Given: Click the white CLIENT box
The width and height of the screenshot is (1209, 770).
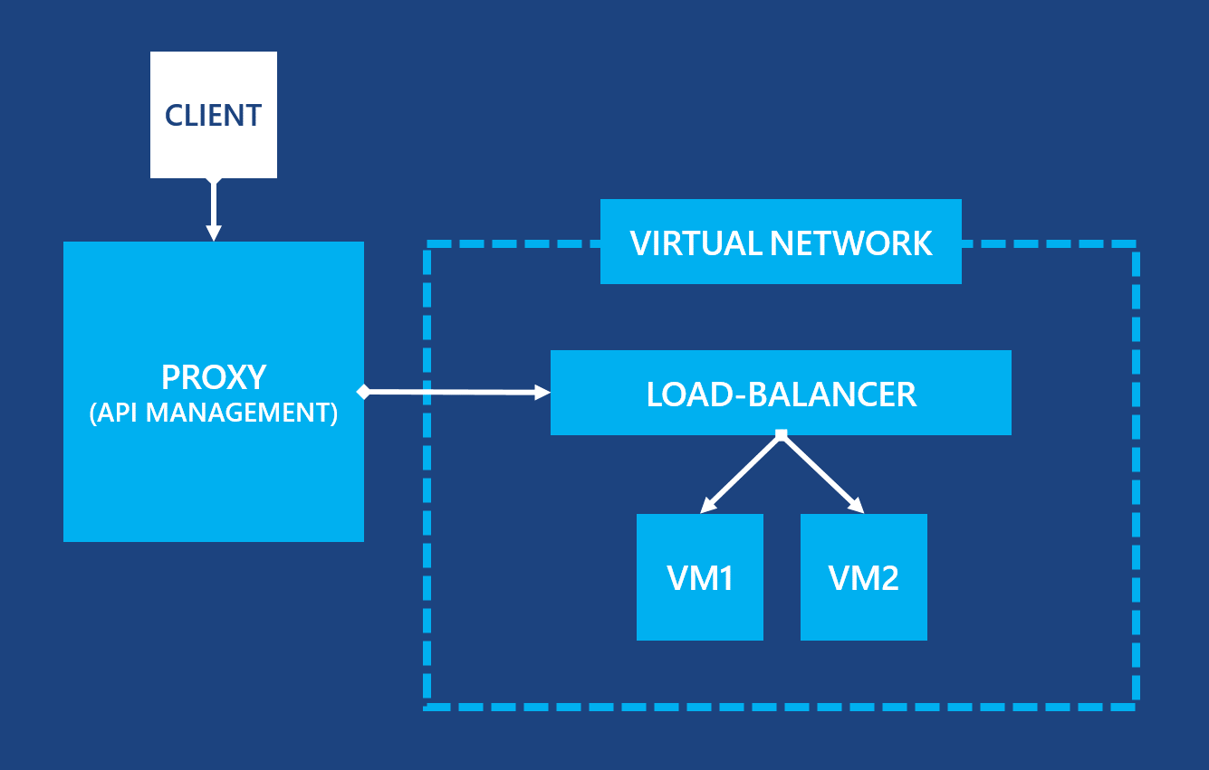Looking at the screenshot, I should (x=213, y=114).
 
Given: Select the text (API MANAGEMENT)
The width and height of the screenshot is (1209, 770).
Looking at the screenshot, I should (x=214, y=413).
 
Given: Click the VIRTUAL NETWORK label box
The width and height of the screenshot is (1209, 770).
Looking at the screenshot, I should (x=781, y=242).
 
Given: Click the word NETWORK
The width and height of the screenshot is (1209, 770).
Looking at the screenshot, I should (x=851, y=243).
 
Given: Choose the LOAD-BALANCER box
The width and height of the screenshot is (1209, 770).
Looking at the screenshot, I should (x=781, y=393).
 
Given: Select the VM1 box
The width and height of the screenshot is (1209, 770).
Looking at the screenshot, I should (x=700, y=577).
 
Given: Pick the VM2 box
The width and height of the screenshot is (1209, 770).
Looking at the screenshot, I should (x=864, y=577).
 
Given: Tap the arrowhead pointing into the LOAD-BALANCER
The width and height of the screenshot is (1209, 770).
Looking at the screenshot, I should (x=543, y=392).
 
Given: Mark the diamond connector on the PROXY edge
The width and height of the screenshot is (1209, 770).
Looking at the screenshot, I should (x=363, y=392).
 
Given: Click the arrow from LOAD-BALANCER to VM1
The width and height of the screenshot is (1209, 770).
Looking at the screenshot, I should (x=743, y=473).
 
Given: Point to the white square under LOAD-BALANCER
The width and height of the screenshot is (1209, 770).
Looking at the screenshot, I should (x=782, y=436).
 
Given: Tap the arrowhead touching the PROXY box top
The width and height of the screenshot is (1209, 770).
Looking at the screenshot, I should (x=214, y=233).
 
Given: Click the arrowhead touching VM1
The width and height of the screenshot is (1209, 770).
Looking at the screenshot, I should (x=708, y=507).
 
